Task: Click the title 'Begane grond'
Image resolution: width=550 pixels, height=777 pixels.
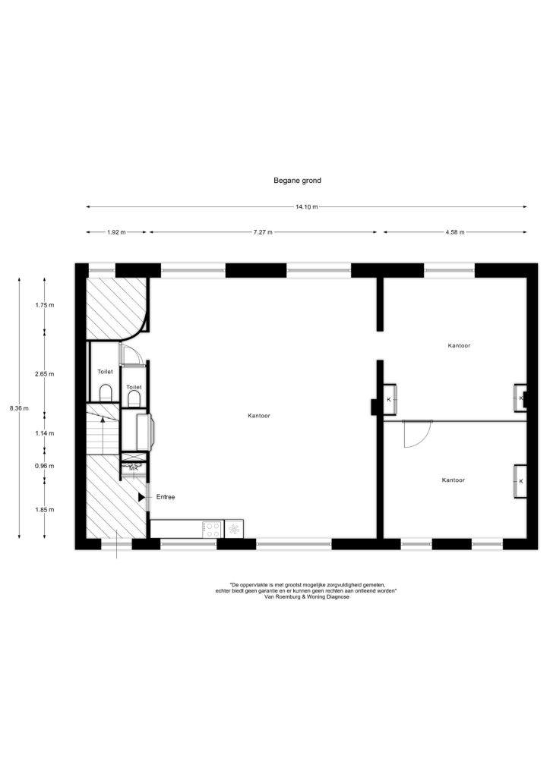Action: [297, 181]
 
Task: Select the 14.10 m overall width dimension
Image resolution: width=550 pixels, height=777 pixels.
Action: [306, 206]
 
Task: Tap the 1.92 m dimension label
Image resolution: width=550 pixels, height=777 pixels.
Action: [116, 232]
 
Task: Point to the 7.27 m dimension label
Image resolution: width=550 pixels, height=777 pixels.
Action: [262, 232]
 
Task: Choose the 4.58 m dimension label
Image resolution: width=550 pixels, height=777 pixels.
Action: [454, 232]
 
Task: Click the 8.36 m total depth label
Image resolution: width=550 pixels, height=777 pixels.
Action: [19, 408]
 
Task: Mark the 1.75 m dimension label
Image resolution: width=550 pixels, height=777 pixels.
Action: [45, 305]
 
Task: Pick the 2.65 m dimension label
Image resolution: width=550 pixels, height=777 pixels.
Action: [45, 374]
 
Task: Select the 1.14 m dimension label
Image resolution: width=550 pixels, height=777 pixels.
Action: [45, 433]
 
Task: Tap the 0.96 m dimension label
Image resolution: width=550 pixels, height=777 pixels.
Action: [45, 466]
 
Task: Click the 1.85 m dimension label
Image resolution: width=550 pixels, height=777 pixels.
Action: [45, 509]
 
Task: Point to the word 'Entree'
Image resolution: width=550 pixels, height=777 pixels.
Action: [166, 497]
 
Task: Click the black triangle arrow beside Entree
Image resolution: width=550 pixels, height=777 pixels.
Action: [142, 497]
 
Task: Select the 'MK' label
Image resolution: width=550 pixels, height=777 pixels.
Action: [134, 468]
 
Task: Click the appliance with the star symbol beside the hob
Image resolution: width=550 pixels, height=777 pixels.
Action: [234, 529]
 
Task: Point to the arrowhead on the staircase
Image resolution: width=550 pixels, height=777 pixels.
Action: [103, 419]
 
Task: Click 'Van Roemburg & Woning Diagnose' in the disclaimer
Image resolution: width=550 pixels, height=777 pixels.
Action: [307, 597]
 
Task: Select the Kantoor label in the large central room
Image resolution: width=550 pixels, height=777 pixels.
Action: [259, 416]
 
